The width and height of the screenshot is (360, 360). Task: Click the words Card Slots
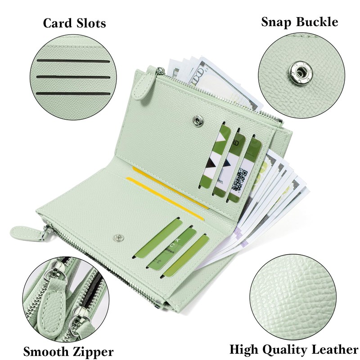tap(74, 23)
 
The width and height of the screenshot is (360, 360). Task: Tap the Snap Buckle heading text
tap(299, 22)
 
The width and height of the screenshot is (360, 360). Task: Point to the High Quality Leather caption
tap(294, 349)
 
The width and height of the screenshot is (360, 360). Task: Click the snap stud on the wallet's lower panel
tap(119, 236)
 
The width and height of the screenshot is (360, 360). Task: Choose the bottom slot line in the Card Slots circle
tap(74, 93)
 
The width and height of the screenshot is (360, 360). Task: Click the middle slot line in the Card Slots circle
tap(74, 77)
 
